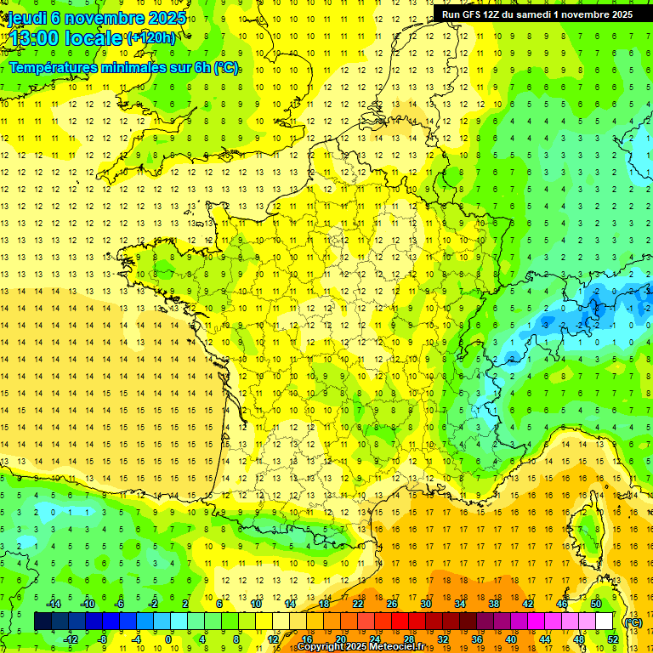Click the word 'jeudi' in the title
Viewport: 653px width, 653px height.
click(25, 17)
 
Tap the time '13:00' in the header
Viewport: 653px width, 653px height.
click(35, 38)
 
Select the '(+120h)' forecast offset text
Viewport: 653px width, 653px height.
click(151, 37)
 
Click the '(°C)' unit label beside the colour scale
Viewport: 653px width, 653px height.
click(633, 622)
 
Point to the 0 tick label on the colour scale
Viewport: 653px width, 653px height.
click(168, 639)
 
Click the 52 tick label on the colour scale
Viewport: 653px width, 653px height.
click(613, 639)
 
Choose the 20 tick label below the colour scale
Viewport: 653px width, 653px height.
click(340, 639)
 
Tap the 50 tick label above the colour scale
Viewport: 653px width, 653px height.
click(596, 604)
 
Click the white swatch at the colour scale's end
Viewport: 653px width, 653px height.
click(605, 622)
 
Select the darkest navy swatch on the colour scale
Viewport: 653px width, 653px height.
click(43, 622)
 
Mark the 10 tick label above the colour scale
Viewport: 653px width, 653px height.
click(255, 604)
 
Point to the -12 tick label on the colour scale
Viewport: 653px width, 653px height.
click(71, 639)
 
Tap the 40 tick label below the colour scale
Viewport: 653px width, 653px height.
click(511, 639)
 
